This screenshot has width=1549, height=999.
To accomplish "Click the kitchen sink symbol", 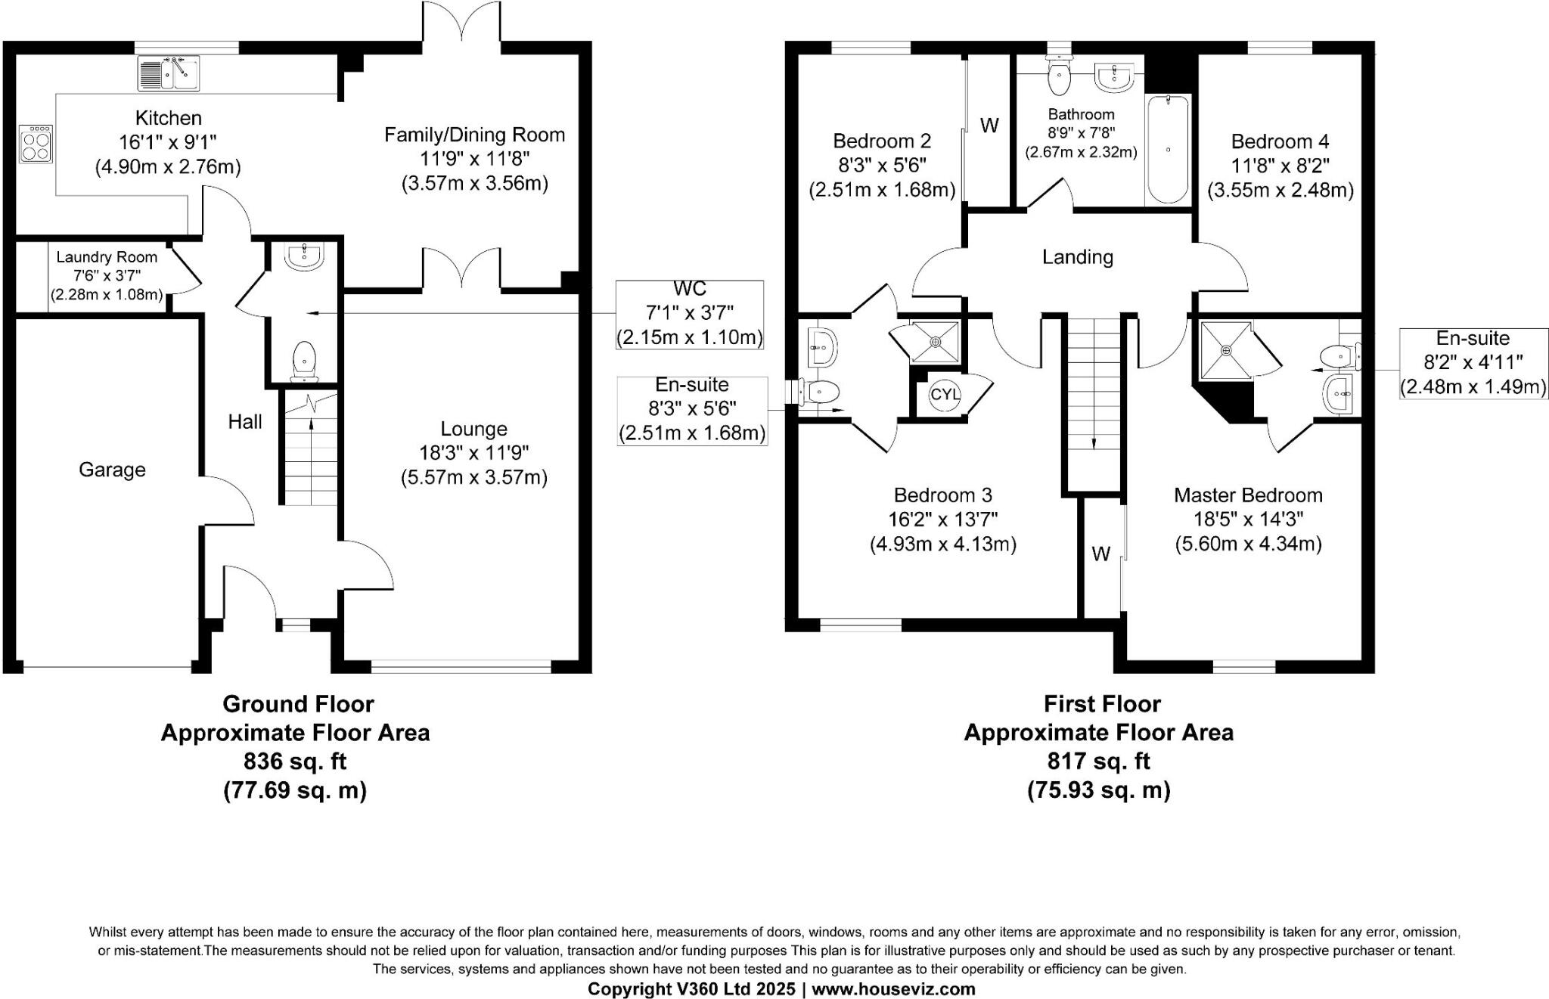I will click(168, 73).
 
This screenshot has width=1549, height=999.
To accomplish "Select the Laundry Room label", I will click(107, 257).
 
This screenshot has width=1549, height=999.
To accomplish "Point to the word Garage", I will click(112, 470).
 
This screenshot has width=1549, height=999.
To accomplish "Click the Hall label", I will click(245, 422).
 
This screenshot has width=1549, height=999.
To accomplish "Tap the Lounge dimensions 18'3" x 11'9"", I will click(474, 453).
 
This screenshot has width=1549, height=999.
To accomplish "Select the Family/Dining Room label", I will click(474, 135).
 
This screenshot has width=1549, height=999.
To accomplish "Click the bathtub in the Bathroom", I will click(1168, 149).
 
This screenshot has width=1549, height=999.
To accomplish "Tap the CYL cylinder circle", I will click(945, 394).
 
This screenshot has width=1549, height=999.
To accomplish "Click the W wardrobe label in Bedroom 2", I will click(989, 126).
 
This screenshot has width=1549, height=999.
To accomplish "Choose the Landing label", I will click(1077, 257).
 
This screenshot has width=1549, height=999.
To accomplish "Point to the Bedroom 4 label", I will click(1280, 141).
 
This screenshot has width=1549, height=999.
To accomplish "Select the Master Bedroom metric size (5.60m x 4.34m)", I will click(1248, 544).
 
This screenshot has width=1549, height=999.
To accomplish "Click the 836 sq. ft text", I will click(295, 761).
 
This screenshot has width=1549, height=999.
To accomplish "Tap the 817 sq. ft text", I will click(1098, 761).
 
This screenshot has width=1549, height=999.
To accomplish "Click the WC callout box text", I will click(689, 312).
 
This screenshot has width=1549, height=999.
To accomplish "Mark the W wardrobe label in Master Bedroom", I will click(1100, 554).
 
